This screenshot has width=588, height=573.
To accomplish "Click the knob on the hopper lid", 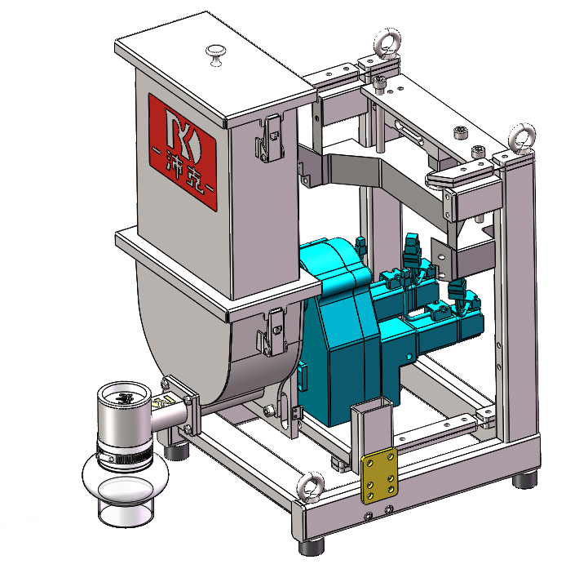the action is pos(216,55).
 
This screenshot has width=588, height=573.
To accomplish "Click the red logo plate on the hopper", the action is pos(183,152).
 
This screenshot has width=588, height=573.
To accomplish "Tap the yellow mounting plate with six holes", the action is pos(378,475).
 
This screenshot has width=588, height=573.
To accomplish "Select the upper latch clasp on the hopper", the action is pos(270,139).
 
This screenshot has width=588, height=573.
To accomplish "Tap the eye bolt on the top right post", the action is pos(522,138).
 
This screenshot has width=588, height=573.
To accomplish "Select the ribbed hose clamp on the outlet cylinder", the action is pos(125,455).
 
